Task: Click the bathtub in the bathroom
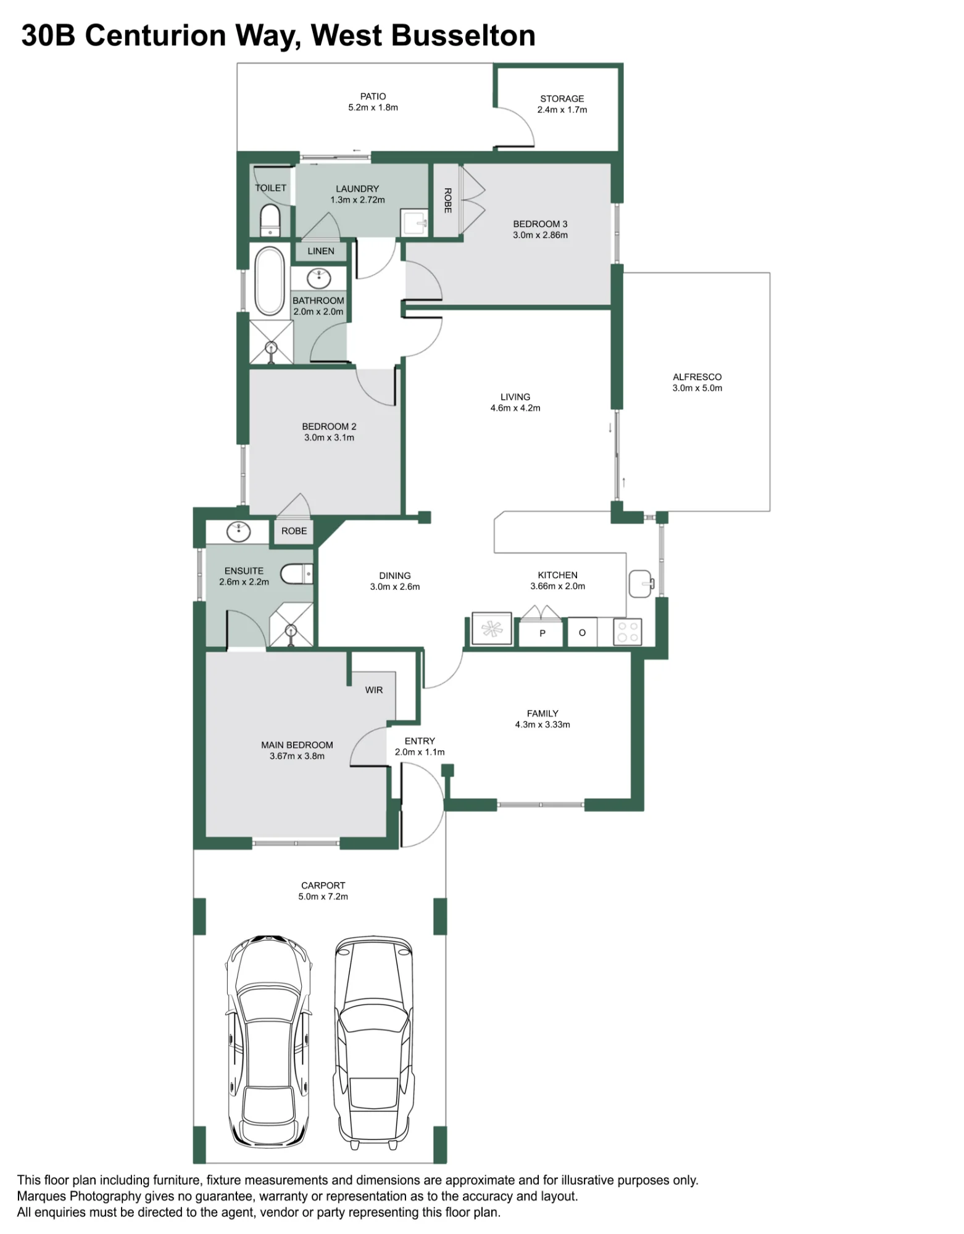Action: [x=270, y=281]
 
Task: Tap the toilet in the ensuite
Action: [x=297, y=574]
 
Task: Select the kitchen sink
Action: [x=641, y=584]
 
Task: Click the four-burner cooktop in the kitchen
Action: [x=628, y=632]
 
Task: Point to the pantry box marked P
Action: [x=541, y=632]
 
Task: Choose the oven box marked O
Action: [x=582, y=632]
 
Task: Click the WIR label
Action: [x=374, y=690]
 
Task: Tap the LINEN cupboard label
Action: [x=321, y=251]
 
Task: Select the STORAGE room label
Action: [x=562, y=99]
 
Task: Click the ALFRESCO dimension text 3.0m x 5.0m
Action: [x=697, y=388]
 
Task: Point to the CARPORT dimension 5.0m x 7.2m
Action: [x=323, y=897]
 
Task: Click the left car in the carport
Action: [x=268, y=1041]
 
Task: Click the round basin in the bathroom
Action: [x=319, y=278]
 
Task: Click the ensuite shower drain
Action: [x=291, y=631]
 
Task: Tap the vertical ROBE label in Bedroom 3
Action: [x=448, y=201]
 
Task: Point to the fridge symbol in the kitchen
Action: [x=492, y=629]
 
